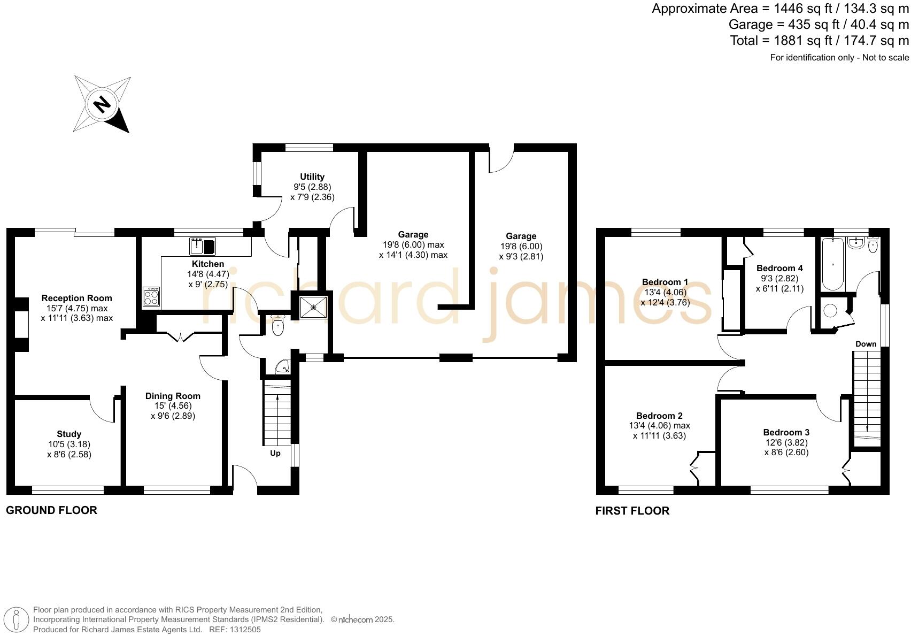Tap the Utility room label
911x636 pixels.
[312, 177]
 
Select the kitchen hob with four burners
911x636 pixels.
[151, 297]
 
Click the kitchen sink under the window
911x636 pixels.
[197, 247]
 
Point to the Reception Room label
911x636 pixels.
[77, 298]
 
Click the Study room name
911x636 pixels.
[69, 434]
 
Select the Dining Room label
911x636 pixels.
[173, 396]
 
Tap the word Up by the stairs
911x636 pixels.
[275, 454]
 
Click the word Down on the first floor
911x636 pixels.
[866, 344]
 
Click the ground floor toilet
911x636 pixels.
[278, 326]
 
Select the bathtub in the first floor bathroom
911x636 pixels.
[832, 264]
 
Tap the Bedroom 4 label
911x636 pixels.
[779, 269]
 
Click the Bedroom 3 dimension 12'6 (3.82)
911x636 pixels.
[786, 442]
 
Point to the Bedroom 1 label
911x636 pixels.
[665, 282]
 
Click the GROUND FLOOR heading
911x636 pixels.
[51, 510]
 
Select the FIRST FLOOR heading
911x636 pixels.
[632, 511]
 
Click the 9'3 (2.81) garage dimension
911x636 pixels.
[521, 256]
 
